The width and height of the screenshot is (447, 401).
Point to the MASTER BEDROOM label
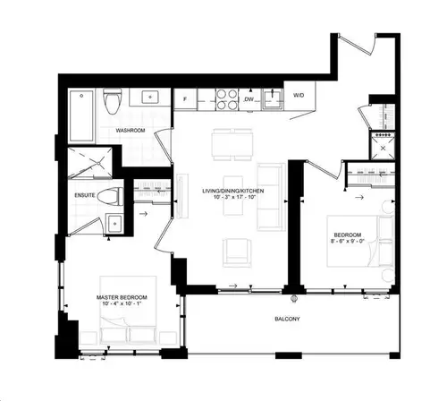(122, 297)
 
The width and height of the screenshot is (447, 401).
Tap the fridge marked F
(183, 97)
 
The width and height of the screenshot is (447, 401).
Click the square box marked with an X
(386, 147)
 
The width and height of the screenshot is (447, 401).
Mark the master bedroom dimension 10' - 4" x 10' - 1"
(122, 307)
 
